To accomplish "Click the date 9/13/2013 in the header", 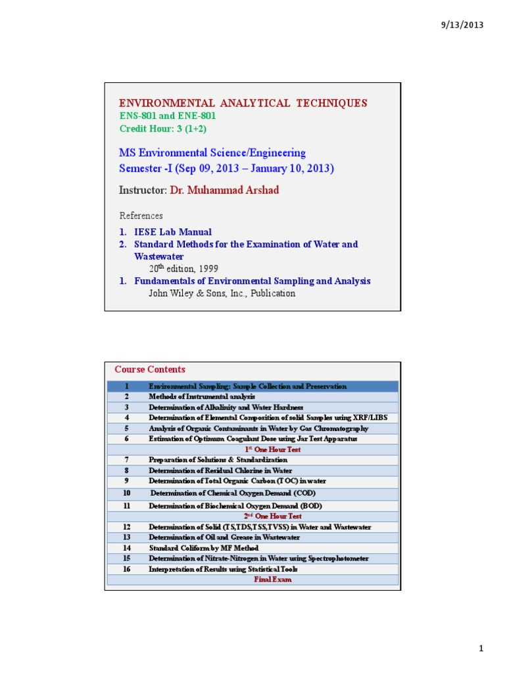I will (x=462, y=25).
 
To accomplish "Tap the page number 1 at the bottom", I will (x=481, y=649).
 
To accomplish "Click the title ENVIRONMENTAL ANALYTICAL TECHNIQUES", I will (x=243, y=103).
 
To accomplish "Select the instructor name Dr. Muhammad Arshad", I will (x=224, y=190).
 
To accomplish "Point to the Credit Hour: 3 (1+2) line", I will (x=160, y=128).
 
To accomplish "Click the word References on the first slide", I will (x=141, y=216).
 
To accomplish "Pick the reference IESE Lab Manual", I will (x=173, y=232).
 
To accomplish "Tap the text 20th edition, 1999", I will (x=183, y=269).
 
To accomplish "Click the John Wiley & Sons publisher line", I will (x=222, y=293).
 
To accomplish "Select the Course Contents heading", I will (x=150, y=369).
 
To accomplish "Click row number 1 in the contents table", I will (x=126, y=386).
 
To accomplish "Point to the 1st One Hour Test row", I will (x=272, y=450).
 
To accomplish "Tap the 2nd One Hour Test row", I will (x=272, y=517).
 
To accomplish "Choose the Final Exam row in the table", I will (x=272, y=580).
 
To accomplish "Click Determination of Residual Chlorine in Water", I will (x=220, y=471).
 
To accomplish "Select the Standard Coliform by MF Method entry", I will (x=203, y=548).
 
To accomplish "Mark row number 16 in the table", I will (x=127, y=569).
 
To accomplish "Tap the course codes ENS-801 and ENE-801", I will (x=167, y=116).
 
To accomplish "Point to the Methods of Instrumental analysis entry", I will (x=197, y=397).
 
